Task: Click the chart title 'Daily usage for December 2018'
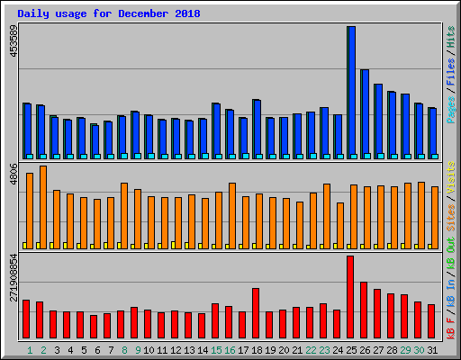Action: coord(109,14)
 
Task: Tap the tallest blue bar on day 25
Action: coord(351,90)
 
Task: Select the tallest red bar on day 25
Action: coord(350,297)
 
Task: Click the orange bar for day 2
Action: coord(43,207)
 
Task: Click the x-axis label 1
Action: coord(30,350)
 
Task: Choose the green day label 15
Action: coord(216,350)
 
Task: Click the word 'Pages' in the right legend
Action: coord(450,118)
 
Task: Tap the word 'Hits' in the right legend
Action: coord(450,39)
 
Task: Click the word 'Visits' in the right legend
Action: coord(450,175)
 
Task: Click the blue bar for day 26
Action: coord(365,112)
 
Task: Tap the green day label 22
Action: coord(311,350)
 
